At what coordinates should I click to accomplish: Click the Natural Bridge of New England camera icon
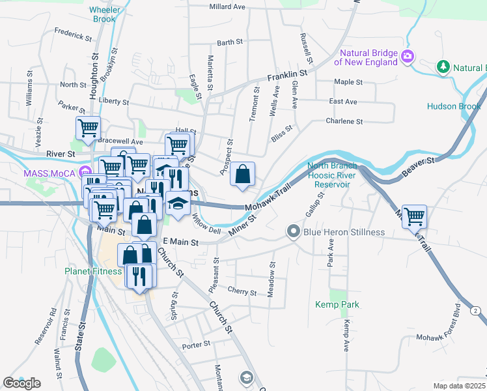pos(408,56)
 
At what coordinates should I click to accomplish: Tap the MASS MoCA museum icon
pos(84,173)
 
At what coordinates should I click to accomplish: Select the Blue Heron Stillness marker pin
pos(294,231)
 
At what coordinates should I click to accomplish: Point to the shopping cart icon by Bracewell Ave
pos(88,128)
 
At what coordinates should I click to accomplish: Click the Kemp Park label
pos(337,304)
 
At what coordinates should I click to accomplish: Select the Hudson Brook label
pos(453,106)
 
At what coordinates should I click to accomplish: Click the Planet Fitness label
pos(92,271)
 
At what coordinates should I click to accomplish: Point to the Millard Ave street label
pos(227,7)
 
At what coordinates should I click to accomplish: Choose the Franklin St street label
pos(286,77)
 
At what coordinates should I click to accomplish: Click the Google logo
pos(21,383)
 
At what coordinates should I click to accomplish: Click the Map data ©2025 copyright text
pos(460,386)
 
